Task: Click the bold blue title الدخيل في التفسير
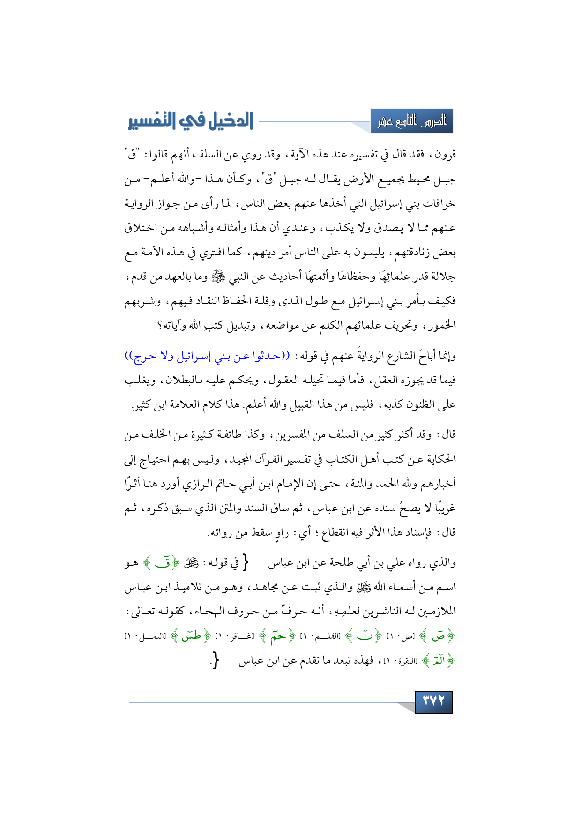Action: (x=191, y=121)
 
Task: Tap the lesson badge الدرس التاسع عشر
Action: (x=412, y=122)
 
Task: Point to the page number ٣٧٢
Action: (x=433, y=702)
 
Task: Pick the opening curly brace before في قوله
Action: (x=245, y=562)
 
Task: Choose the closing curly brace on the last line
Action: (x=215, y=661)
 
